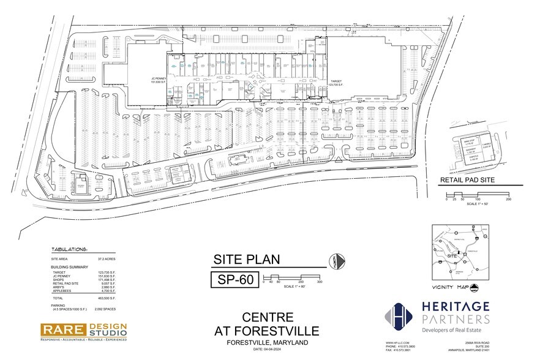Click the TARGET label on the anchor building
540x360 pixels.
coord(337,81)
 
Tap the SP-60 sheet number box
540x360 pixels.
coord(232,280)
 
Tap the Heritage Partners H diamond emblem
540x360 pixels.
coord(395,315)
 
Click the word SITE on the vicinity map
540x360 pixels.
coord(454,255)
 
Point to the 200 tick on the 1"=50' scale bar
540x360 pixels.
coord(509,200)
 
